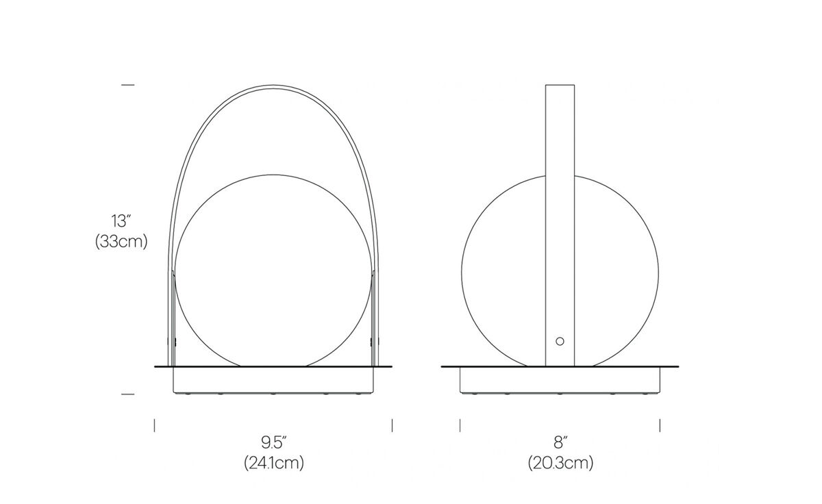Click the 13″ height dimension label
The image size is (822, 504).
pos(121,221)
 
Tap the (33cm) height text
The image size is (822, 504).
pos(121,242)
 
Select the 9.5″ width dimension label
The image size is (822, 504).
pos(274,443)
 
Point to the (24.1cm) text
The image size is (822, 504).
pos(274,464)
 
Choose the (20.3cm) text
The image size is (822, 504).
pos(561,464)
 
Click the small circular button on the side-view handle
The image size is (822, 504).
pos(560,341)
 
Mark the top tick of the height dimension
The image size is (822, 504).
pos(127,85)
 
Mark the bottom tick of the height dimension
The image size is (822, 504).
pos(127,394)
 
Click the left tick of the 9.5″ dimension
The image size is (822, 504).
pos(155,425)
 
